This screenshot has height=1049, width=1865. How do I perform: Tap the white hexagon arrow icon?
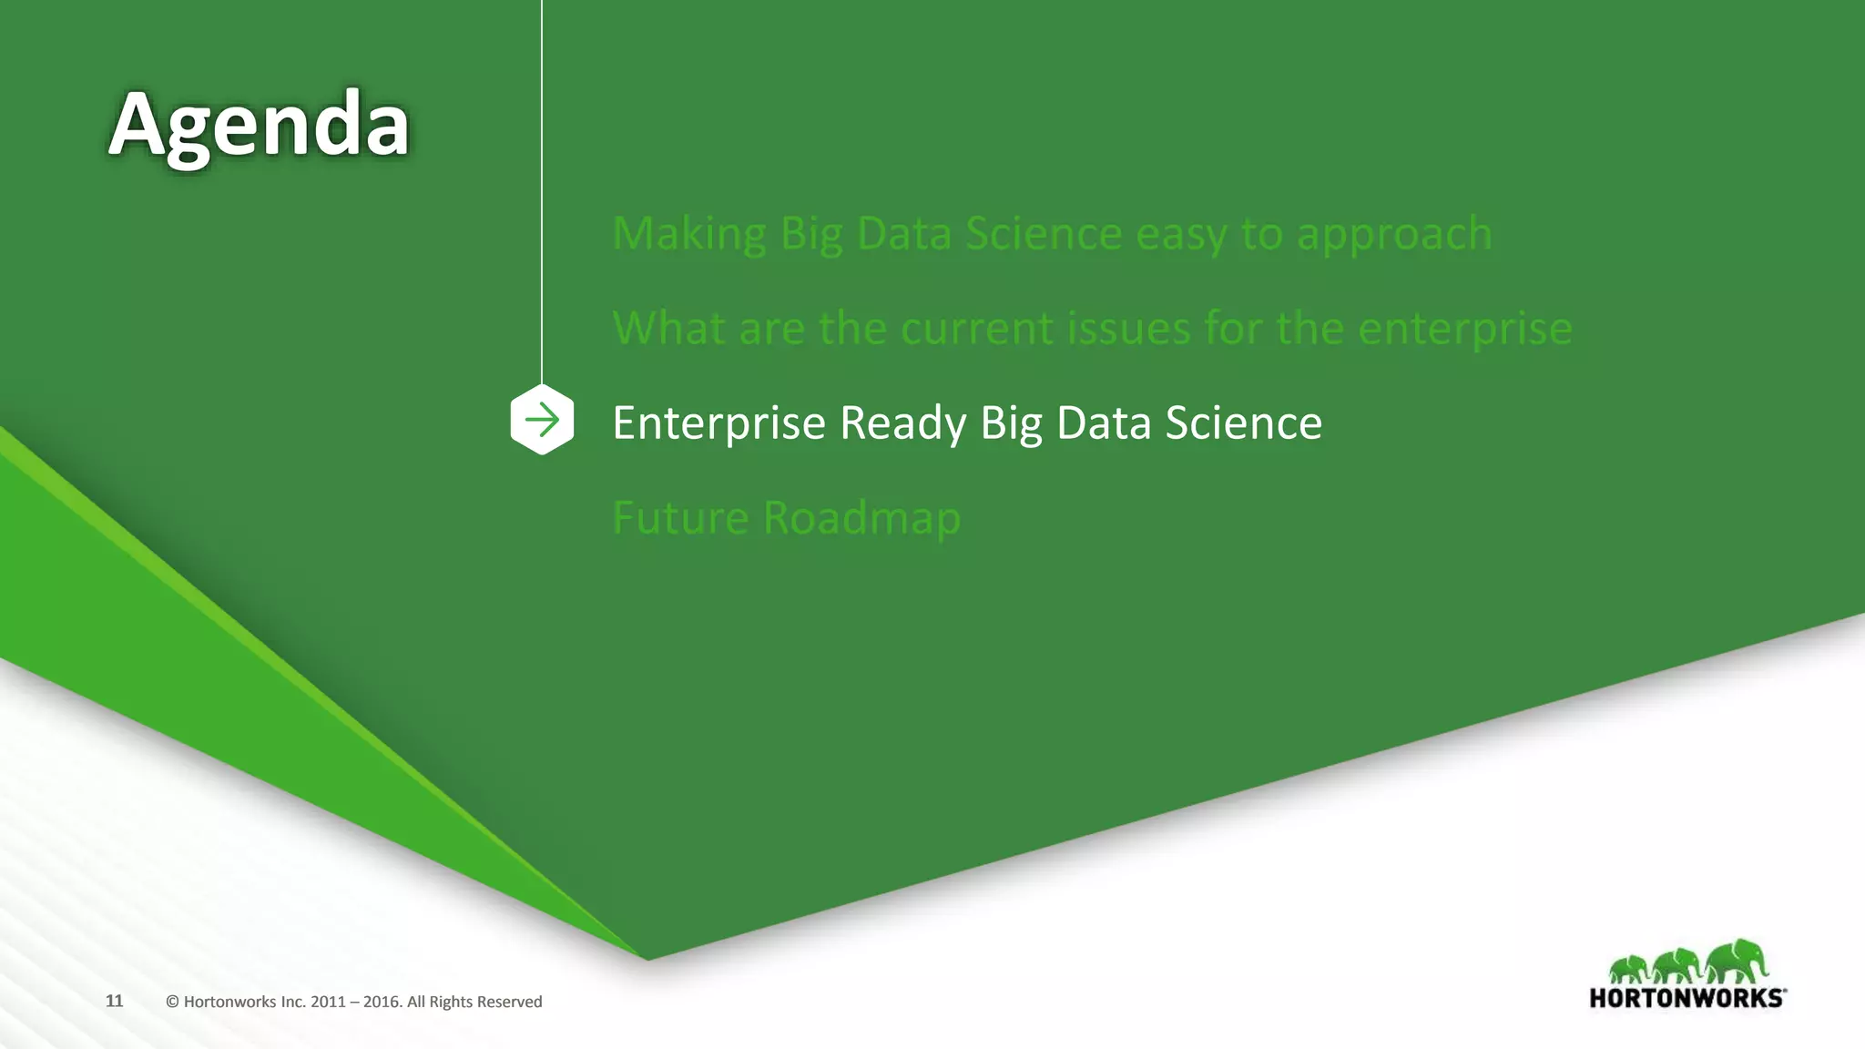point(542,420)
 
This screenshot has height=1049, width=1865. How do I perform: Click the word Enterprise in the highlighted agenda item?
point(718,423)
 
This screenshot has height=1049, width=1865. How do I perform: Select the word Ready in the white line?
point(902,423)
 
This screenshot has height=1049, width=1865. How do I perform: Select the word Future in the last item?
point(680,517)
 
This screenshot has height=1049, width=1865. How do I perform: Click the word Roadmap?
point(861,519)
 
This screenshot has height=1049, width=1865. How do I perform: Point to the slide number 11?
point(114,1001)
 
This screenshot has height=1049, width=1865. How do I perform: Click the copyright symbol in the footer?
point(172,1002)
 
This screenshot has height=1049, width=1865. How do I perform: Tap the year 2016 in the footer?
point(382,1002)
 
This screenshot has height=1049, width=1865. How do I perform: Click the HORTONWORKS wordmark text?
point(1687,998)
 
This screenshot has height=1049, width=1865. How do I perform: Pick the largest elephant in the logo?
point(1737,961)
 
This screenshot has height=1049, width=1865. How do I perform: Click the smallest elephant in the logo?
point(1628,968)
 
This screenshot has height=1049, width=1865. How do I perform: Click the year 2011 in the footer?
point(328,1002)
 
